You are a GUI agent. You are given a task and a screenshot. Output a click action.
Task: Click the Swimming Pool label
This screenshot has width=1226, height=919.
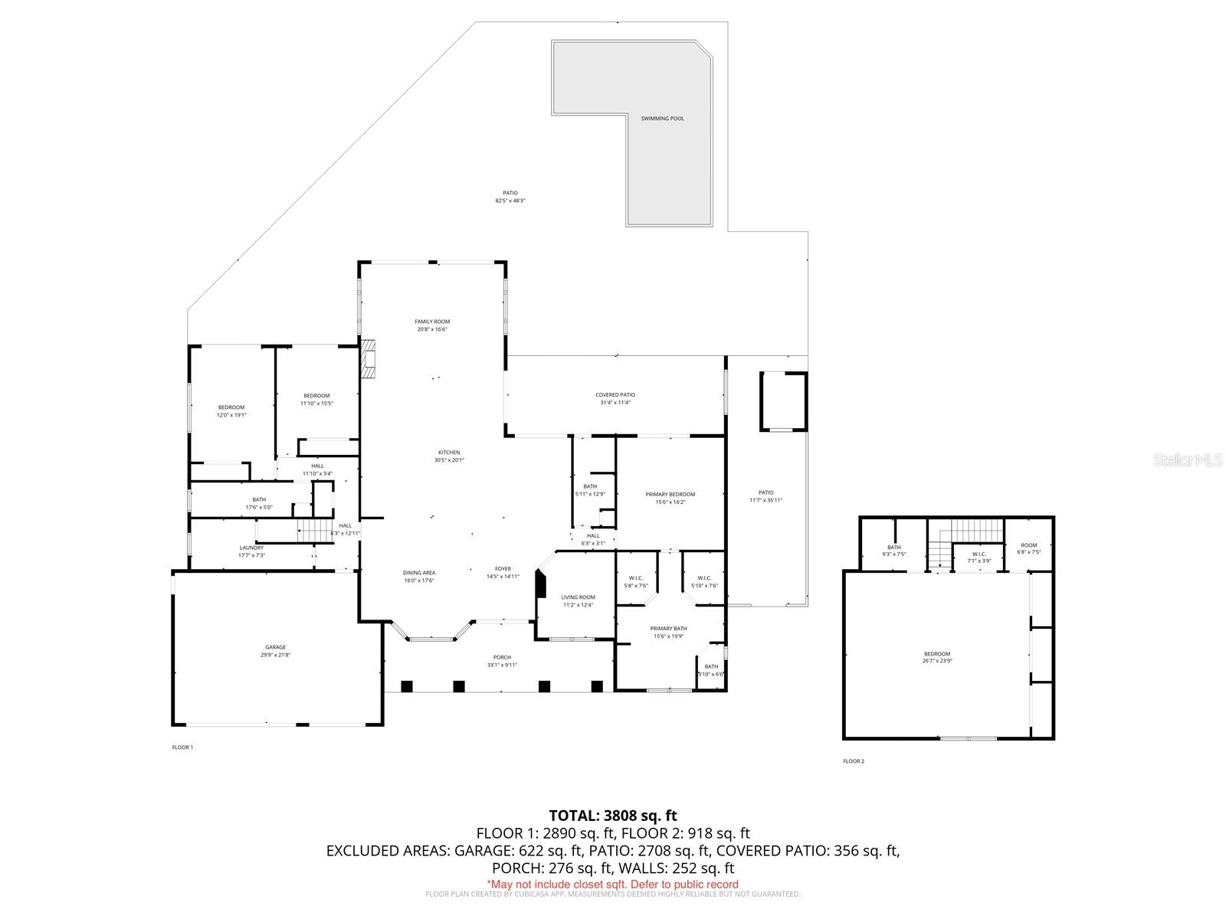663,119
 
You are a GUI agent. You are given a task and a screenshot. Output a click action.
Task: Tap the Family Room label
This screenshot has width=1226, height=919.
432,322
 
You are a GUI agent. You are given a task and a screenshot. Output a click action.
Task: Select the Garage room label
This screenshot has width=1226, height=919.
275,647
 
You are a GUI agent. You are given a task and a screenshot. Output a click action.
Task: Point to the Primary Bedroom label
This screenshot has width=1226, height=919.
670,495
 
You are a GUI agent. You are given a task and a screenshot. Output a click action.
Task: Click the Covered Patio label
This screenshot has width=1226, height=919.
615,395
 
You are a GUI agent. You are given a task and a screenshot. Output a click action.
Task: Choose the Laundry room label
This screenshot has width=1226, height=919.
251,548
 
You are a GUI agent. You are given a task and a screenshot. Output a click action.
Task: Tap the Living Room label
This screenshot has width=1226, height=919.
579,597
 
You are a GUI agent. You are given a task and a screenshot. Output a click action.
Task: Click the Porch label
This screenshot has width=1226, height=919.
502,657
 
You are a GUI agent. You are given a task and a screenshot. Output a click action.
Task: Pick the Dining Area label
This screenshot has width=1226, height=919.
419,573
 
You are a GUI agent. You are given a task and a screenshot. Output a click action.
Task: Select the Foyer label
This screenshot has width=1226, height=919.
503,569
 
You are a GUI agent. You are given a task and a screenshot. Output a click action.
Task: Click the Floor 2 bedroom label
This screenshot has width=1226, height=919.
936,654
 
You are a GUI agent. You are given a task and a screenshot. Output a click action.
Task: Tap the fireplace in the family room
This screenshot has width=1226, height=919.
370,358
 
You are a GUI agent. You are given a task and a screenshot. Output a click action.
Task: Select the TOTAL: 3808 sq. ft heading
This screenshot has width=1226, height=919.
613,816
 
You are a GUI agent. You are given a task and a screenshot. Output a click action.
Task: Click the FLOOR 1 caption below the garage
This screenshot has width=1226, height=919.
182,747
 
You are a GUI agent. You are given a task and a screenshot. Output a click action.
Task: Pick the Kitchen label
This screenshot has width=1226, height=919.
449,453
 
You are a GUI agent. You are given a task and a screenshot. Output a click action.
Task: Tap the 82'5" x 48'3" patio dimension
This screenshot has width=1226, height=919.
510,201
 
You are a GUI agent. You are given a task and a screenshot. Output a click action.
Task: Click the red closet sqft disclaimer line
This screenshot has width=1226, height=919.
613,884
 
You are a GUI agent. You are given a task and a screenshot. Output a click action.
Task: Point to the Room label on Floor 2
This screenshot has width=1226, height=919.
1029,545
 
